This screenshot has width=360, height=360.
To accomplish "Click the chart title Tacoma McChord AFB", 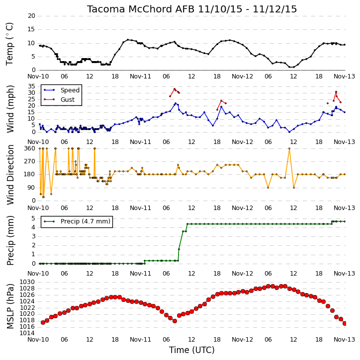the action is point(141,9).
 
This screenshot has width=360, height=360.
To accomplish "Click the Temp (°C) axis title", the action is point(9,44).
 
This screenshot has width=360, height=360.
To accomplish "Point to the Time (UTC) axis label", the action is point(192,350).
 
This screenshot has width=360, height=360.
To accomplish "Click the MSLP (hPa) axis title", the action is point(10,306).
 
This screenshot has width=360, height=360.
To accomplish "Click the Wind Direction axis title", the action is point(10,175).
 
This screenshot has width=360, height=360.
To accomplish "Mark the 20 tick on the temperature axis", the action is point(31,16).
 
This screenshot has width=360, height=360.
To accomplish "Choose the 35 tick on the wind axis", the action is point(31,86).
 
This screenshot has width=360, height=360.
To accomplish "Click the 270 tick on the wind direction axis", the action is point(30,161).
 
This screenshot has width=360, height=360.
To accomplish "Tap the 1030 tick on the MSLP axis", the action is point(27,282).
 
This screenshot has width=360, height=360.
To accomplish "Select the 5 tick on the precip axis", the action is point(33,218).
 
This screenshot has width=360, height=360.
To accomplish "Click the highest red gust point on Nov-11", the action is point(175,89).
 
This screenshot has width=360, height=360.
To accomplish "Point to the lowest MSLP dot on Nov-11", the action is point(175,321).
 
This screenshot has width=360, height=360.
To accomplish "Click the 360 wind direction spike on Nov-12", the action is point(289,148).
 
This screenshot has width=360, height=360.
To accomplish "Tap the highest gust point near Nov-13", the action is point(336,92).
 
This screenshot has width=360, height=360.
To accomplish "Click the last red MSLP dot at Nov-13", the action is point(345,323).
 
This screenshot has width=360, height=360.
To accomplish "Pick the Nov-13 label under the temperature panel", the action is point(344,76).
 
